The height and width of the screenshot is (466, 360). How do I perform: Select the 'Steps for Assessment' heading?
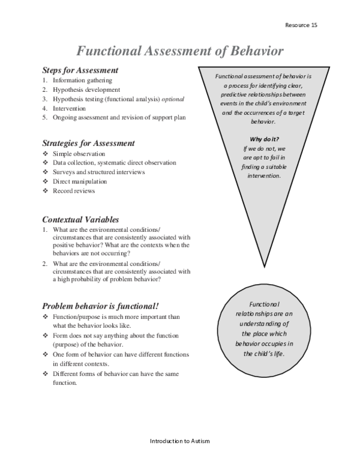tap(80, 70)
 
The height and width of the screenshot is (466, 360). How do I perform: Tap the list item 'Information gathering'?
tap(82, 80)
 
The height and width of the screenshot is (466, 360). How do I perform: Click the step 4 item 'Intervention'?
tap(69, 108)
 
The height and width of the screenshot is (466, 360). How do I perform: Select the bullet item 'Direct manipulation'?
tap(80, 181)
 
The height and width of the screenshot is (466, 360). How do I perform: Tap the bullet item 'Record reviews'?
tap(73, 191)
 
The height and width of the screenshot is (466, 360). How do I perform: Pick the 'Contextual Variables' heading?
tap(80, 220)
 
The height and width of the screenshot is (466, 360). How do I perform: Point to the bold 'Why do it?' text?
tap(265, 139)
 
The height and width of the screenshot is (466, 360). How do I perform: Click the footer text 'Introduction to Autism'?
tap(179, 441)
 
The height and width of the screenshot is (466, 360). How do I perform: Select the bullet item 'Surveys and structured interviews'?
tap(98, 172)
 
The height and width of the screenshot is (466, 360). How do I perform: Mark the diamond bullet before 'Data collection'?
tap(45, 163)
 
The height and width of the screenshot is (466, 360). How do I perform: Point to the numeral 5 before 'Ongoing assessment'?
tap(44, 118)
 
